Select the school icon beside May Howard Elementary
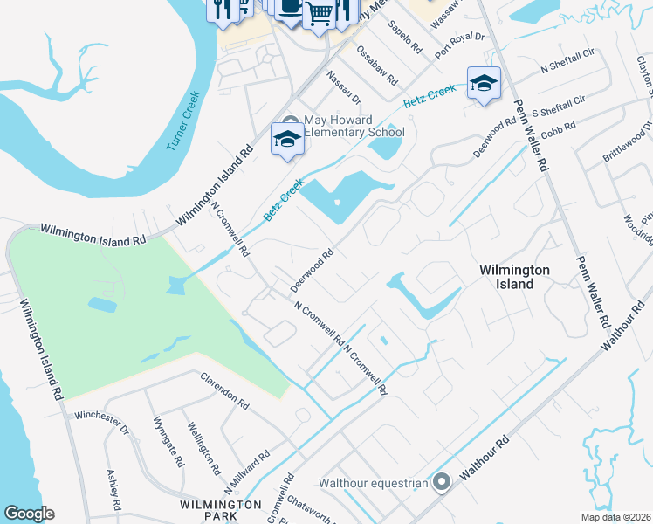click(x=287, y=139)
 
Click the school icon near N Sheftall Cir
click(x=484, y=83)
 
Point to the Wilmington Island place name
click(x=514, y=277)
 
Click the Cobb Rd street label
click(x=558, y=128)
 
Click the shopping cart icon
click(x=319, y=13)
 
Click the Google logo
click(x=29, y=514)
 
